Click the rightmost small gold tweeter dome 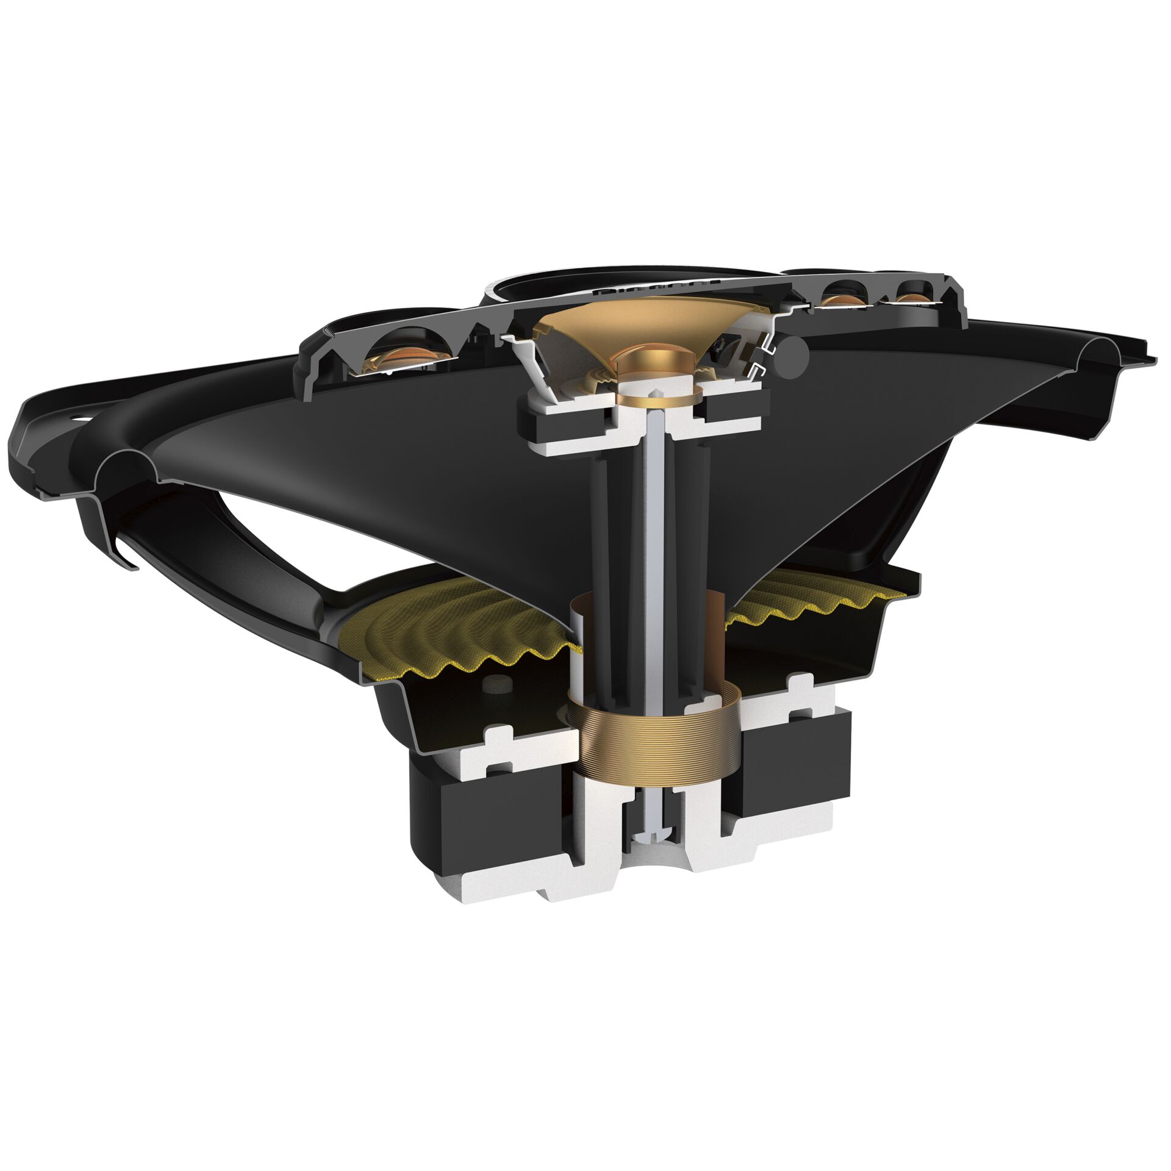tap(912, 298)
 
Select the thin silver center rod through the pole tap(654, 549)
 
